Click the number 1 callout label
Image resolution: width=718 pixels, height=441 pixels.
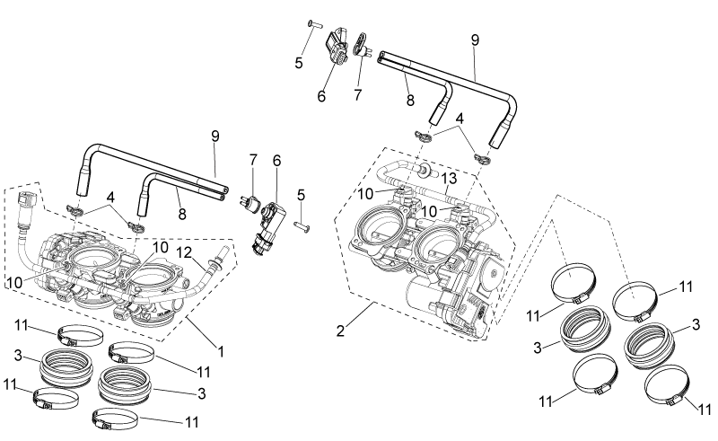pos(221,352)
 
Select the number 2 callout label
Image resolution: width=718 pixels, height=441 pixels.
pos(340,331)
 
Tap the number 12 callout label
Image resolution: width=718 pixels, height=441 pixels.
pos(185,253)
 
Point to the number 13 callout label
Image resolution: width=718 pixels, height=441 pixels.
pos(450,179)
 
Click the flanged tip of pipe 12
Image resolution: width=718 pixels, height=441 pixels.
pos(225,251)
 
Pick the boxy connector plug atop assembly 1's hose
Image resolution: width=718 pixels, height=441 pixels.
pos(28,200)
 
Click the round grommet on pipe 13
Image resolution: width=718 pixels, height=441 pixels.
pos(425,169)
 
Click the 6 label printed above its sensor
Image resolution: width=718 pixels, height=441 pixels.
pos(276,161)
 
